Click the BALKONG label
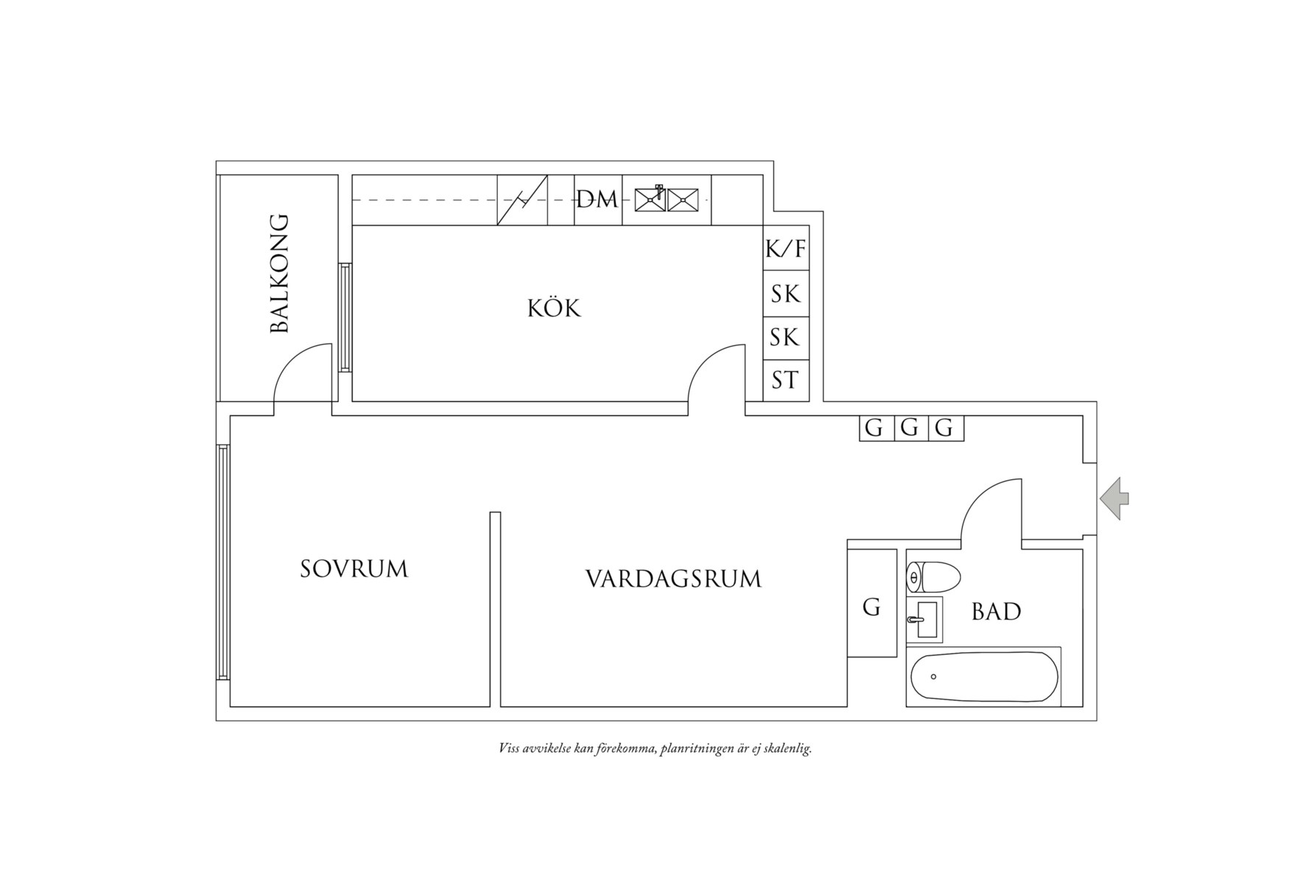[279, 274]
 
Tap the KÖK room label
[554, 308]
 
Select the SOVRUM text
[354, 569]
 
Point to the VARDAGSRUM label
[673, 579]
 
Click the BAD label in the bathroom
[996, 612]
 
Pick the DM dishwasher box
[597, 200]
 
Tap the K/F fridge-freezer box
[786, 249]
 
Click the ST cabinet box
[786, 381]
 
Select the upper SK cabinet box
[786, 294]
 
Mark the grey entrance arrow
[1114, 499]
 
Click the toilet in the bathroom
[932, 577]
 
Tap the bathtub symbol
[983, 677]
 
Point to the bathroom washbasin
[926, 619]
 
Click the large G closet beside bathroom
[871, 607]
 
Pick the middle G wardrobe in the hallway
[910, 428]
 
